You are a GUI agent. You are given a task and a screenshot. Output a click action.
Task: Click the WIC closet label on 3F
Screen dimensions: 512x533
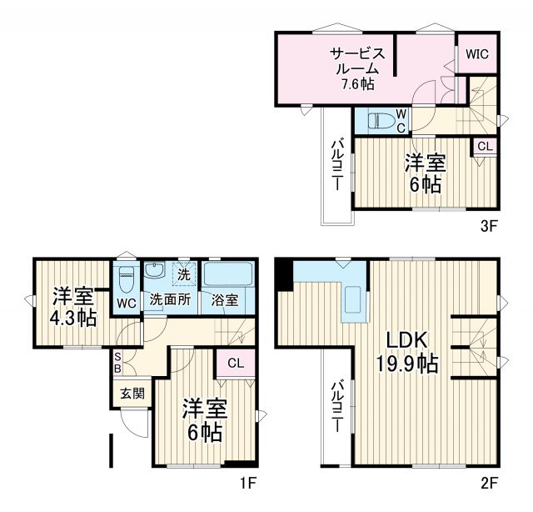(477, 54)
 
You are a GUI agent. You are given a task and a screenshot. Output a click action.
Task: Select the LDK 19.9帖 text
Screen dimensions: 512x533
(406, 351)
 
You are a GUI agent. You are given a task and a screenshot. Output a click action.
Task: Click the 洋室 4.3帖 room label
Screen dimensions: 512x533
(74, 306)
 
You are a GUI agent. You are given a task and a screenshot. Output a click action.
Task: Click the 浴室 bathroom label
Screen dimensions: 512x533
(225, 299)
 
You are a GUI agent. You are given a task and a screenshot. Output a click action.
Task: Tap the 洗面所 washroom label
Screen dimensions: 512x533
(169, 299)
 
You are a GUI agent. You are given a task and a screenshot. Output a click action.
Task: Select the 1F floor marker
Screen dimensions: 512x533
(248, 482)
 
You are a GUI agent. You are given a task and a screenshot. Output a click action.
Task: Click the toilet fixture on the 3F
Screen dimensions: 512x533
(376, 120)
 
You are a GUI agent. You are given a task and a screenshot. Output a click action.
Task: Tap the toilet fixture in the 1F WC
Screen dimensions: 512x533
(126, 276)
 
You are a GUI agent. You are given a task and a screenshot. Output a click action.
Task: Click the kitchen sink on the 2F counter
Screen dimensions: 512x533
(351, 300)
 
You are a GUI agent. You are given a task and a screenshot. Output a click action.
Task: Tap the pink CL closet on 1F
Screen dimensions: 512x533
(235, 363)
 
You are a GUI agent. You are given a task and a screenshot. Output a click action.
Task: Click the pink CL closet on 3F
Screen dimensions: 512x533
(485, 146)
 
